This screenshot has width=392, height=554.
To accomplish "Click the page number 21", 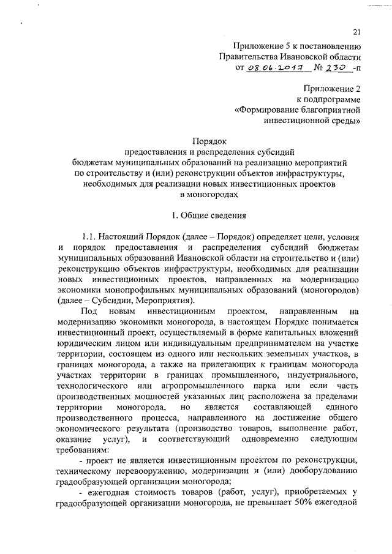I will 356,33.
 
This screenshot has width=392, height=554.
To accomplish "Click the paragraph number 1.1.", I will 94,236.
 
